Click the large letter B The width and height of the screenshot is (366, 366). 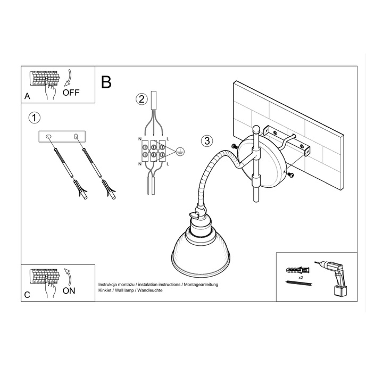pyautogui.click(x=106, y=82)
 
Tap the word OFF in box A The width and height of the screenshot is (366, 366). pyautogui.click(x=71, y=92)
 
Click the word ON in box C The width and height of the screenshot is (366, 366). pyautogui.click(x=69, y=290)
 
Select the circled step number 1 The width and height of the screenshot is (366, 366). pyautogui.click(x=34, y=118)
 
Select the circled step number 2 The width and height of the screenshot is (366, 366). pyautogui.click(x=141, y=98)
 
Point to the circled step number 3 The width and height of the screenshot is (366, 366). pyautogui.click(x=207, y=141)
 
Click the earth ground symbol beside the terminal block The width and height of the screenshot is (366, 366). pyautogui.click(x=180, y=151)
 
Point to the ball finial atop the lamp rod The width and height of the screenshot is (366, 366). pyautogui.click(x=257, y=128)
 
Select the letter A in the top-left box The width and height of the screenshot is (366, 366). pyautogui.click(x=27, y=96)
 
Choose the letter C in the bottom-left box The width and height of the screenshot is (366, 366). pyautogui.click(x=27, y=294)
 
